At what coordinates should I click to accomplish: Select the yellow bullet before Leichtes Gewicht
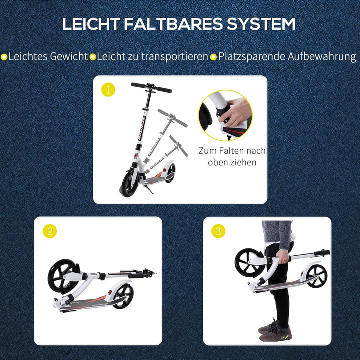[x=4, y=57]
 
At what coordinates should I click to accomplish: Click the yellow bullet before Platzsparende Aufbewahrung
[x=213, y=57]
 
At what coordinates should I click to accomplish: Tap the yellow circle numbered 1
[x=108, y=90]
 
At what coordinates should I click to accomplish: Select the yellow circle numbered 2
[x=50, y=231]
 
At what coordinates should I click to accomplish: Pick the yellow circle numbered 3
[x=218, y=231]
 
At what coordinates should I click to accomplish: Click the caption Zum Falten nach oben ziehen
[x=232, y=156]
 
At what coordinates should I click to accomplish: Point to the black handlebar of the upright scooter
[x=151, y=88]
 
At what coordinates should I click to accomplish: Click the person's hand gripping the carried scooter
[x=283, y=258]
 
